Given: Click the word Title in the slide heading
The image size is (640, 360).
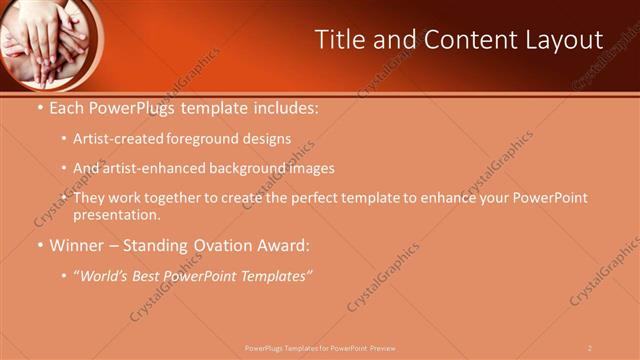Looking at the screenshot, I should coord(340,40).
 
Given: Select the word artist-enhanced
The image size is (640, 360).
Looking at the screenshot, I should coord(150,168).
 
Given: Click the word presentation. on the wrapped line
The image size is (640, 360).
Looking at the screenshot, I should coord(116,214).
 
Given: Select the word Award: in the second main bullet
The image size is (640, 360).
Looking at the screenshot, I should coord(281,245).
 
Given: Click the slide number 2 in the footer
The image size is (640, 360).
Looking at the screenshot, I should coord(589,348).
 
